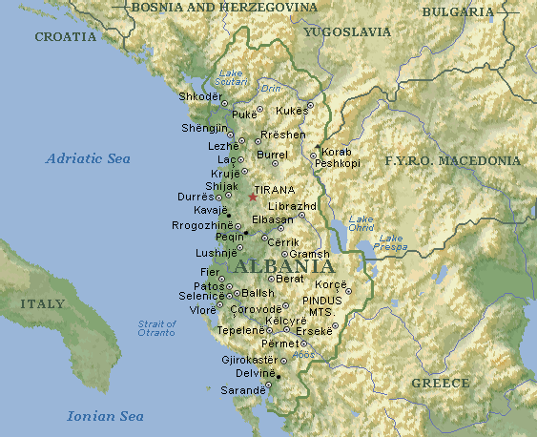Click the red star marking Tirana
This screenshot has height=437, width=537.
(x=252, y=197)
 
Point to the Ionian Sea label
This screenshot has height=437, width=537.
(x=105, y=416)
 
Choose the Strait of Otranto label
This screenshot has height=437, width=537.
(x=156, y=328)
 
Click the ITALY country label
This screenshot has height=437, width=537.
(x=43, y=304)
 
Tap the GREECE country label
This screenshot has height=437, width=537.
(x=441, y=383)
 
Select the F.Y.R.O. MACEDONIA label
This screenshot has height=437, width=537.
(x=452, y=161)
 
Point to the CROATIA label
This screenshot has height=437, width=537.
(x=66, y=37)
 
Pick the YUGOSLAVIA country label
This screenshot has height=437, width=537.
(x=347, y=31)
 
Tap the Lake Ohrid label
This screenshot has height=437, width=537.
(x=361, y=222)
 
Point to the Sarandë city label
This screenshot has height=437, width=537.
(x=243, y=390)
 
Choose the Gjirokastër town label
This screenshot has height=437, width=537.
(x=248, y=360)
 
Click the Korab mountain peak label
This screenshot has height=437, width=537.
(x=337, y=153)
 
